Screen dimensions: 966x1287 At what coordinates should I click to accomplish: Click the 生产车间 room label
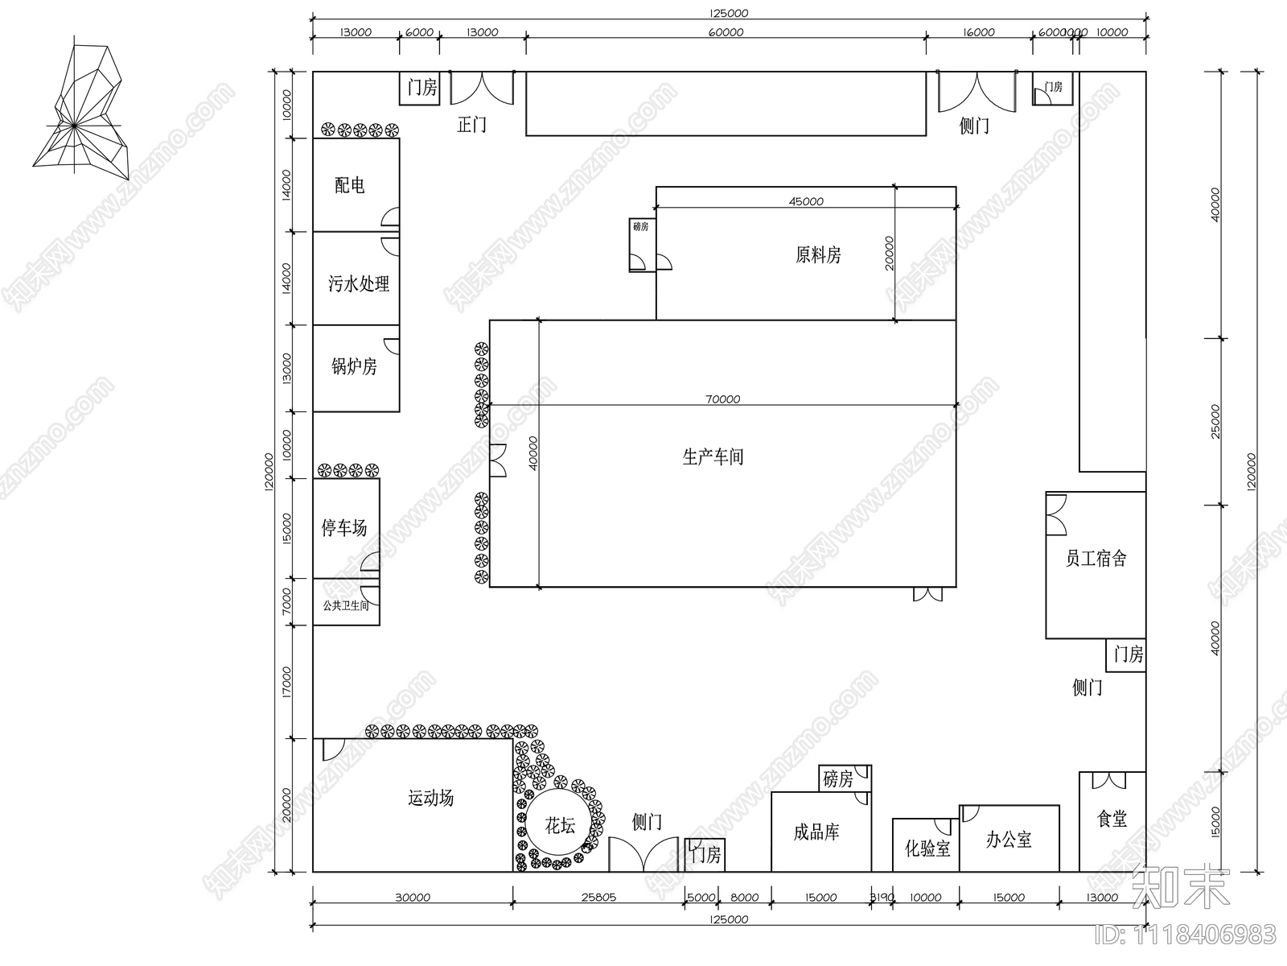click(713, 457)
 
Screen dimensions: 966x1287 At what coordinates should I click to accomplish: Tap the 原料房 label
click(818, 255)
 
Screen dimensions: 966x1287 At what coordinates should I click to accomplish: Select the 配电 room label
click(350, 185)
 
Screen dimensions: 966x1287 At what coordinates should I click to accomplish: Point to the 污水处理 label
click(359, 283)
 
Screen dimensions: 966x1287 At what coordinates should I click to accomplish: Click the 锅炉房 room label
click(354, 367)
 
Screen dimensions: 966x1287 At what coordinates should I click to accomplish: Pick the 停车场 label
click(344, 528)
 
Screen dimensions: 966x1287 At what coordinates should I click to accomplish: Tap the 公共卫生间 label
click(346, 605)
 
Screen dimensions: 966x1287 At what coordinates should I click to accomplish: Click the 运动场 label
click(431, 798)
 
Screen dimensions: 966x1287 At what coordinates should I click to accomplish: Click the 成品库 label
click(816, 832)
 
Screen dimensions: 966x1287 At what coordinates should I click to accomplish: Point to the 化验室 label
click(927, 848)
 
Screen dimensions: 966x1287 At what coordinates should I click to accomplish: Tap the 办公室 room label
click(1009, 840)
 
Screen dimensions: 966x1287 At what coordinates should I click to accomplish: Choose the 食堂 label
click(1112, 819)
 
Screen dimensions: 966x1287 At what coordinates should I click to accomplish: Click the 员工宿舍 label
click(1096, 558)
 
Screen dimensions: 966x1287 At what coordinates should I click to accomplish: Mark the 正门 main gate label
click(471, 125)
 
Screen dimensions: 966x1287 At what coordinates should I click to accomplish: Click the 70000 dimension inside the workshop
click(722, 398)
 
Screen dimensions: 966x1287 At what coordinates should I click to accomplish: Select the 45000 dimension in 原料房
click(805, 201)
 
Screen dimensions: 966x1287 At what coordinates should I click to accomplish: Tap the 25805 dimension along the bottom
click(598, 897)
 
